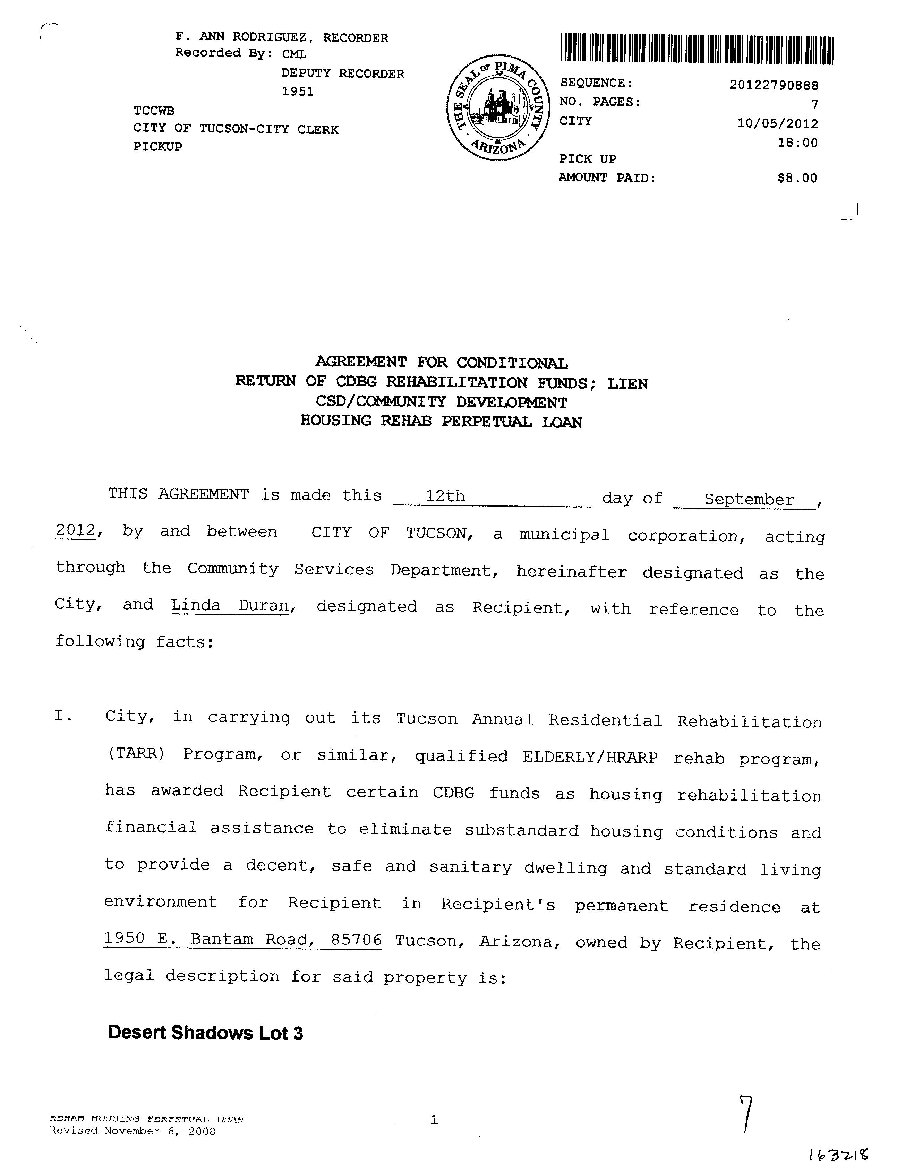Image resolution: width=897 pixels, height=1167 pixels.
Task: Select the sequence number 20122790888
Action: [x=774, y=85]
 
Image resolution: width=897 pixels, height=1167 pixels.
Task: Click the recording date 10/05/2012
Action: [x=777, y=124]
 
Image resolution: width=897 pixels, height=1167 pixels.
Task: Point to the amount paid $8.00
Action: [x=797, y=178]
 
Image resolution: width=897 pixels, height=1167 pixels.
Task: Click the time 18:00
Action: [x=798, y=143]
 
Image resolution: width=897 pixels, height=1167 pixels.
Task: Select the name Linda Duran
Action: [x=230, y=606]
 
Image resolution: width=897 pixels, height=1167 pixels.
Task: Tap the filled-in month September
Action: [x=749, y=500]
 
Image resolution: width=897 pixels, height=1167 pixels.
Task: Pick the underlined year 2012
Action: [x=75, y=530]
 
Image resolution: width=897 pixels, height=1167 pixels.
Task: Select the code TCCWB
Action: [x=154, y=111]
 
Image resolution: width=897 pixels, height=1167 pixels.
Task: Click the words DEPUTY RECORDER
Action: [x=343, y=74]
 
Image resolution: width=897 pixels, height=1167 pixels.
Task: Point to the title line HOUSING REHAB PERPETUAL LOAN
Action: [x=441, y=422]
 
